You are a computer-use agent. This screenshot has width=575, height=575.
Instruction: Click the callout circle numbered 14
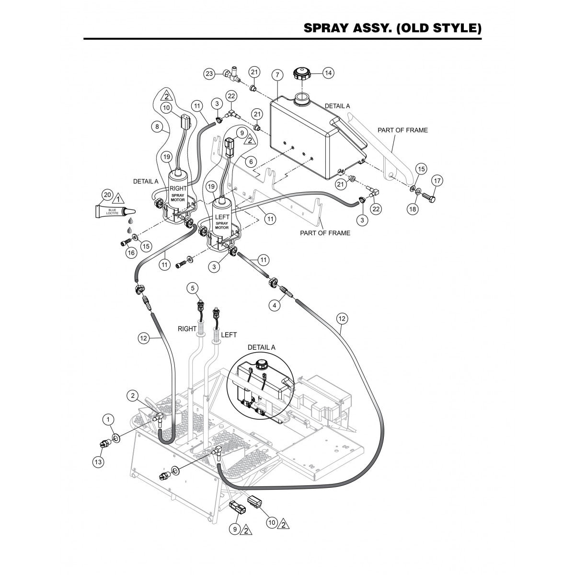(328, 73)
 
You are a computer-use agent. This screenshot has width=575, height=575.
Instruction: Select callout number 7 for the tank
(276, 75)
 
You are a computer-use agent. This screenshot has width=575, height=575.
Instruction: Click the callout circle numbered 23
(209, 74)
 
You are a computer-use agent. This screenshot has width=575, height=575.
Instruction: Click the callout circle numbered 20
(108, 195)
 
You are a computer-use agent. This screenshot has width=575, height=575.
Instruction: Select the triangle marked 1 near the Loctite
(118, 196)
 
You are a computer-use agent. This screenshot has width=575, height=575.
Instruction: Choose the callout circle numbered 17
(437, 181)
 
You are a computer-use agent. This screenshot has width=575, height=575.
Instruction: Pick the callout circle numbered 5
(193, 287)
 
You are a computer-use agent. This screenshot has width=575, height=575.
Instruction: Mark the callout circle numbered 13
(98, 461)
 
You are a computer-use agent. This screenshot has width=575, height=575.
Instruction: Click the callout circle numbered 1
(110, 419)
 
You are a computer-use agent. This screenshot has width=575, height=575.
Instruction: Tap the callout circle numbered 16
(129, 252)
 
